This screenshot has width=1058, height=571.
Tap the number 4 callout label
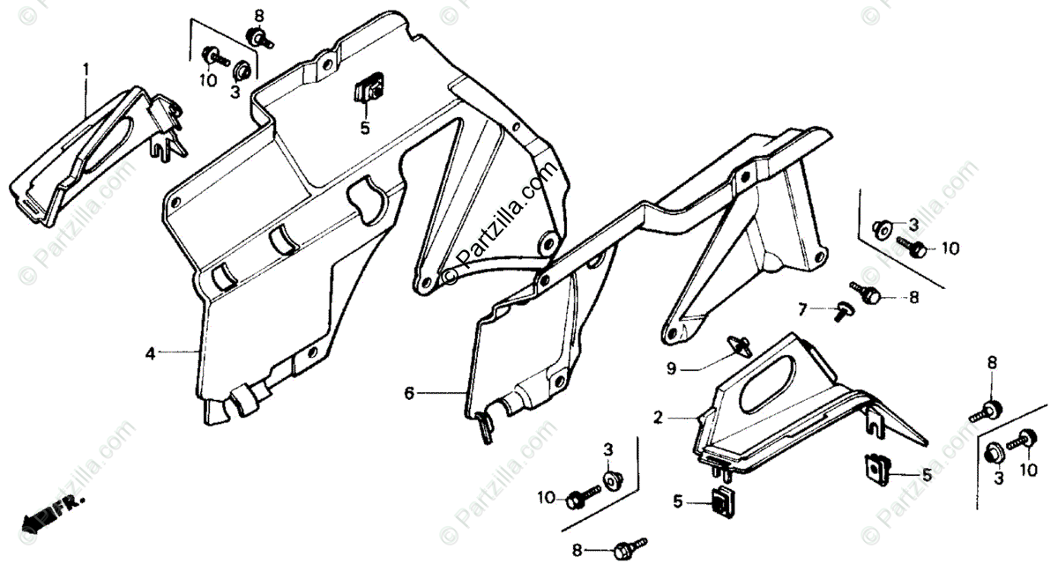pyautogui.click(x=151, y=354)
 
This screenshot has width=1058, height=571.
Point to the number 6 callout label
pyautogui.click(x=409, y=394)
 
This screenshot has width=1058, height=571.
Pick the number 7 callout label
pyautogui.click(x=802, y=309)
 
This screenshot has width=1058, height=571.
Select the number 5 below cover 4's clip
pyautogui.click(x=364, y=127)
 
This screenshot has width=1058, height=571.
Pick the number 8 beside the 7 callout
pyautogui.click(x=914, y=298)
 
